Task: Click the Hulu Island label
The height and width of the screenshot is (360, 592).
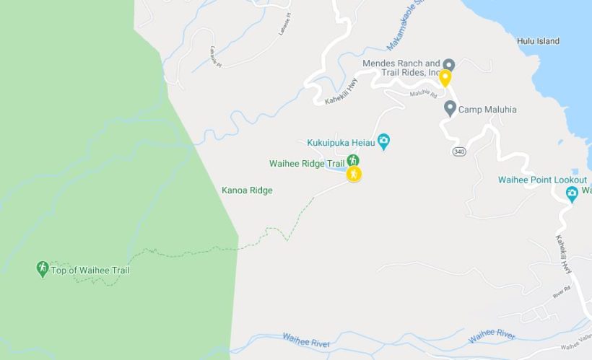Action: click(538, 41)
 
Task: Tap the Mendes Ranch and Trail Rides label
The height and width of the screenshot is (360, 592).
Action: click(402, 68)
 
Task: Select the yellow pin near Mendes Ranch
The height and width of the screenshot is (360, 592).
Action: click(445, 77)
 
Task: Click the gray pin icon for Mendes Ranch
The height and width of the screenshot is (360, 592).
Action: click(448, 64)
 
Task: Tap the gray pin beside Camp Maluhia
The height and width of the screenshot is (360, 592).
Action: click(450, 109)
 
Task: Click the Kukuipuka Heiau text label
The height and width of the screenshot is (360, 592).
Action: click(340, 141)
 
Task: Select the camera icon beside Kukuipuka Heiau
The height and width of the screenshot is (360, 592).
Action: click(384, 141)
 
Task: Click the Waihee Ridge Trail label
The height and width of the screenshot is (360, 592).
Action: click(307, 164)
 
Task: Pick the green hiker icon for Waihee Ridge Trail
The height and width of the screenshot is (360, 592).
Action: click(353, 160)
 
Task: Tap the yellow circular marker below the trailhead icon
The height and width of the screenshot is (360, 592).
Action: click(353, 174)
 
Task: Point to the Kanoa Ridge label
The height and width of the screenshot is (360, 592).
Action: click(246, 190)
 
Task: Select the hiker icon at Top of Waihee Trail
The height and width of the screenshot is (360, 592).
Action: click(43, 269)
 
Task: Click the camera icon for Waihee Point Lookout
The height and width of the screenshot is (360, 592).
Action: click(572, 192)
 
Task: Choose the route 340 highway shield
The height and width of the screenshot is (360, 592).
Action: click(458, 152)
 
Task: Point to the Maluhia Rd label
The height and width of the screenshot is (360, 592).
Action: click(423, 94)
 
